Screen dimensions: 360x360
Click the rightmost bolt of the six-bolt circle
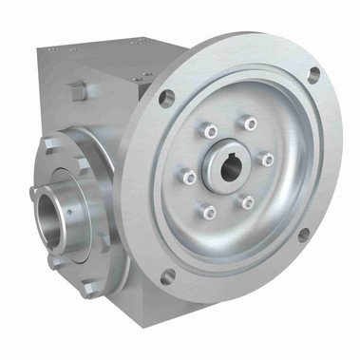pos(268,159)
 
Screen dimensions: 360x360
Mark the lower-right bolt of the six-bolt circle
pos(248,201)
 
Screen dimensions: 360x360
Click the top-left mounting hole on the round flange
pos(167,95)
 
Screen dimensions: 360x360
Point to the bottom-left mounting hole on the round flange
pos(166,276)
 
